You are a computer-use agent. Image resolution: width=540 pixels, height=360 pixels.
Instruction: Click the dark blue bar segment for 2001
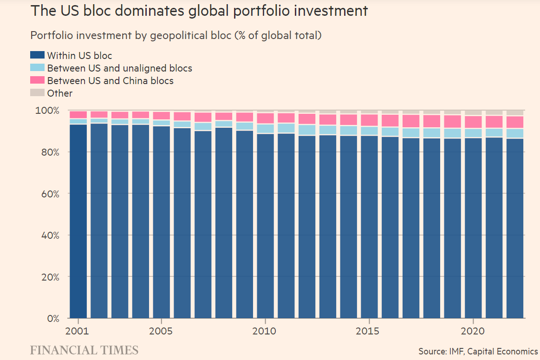pos(78,221)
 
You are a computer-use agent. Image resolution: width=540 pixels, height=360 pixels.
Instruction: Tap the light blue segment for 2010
pos(266,129)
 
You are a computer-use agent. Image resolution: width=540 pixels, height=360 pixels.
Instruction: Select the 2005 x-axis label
pos(161,332)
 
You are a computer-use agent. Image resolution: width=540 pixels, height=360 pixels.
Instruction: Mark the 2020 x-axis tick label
pos(473,332)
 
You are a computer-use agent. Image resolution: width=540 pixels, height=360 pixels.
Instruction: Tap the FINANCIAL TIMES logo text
pos(84,350)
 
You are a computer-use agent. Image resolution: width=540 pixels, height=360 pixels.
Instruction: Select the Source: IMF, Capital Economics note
pos(478,351)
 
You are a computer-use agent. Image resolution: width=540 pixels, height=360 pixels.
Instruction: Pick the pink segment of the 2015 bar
pos(369,120)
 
